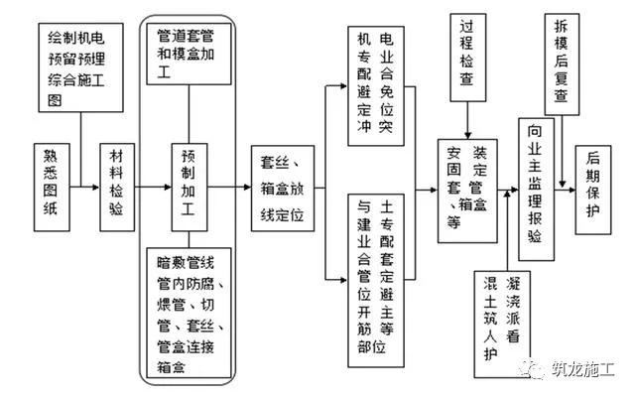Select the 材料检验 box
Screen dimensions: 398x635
pyautogui.click(x=118, y=185)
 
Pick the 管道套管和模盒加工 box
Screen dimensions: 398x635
pyautogui.click(x=192, y=55)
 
